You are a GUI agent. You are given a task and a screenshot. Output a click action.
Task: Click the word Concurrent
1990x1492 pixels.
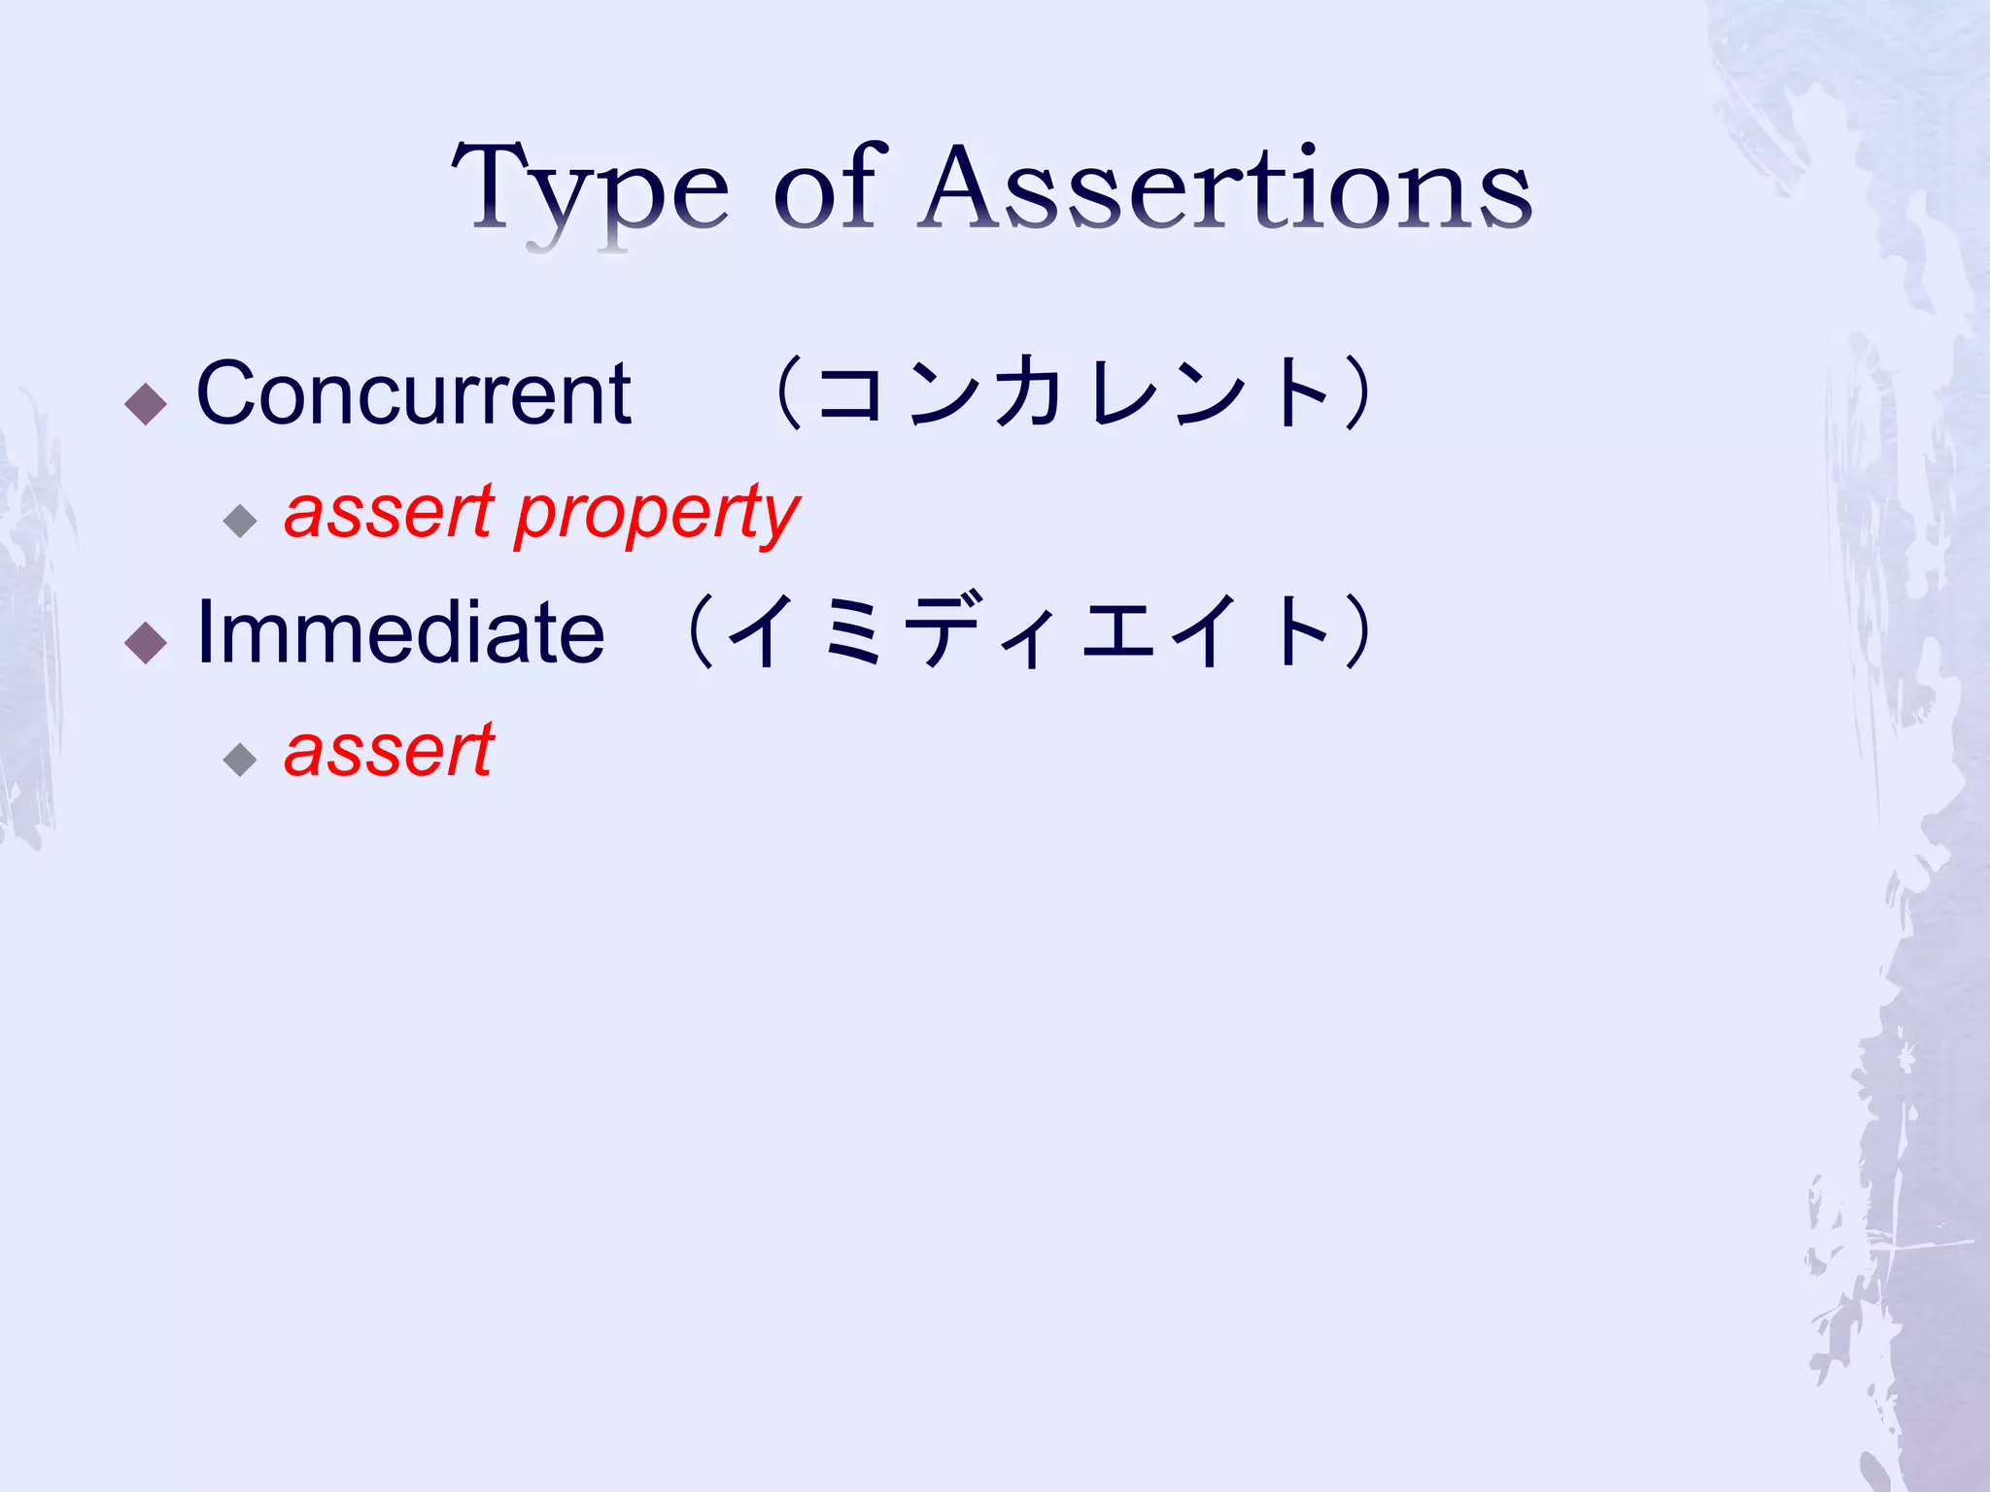pos(414,393)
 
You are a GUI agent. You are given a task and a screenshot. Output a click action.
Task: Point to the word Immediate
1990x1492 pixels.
pos(400,632)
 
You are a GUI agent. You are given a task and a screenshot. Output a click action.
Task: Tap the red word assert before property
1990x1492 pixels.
pos(389,513)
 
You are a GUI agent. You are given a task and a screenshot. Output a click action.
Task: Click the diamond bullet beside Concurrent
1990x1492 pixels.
pos(147,404)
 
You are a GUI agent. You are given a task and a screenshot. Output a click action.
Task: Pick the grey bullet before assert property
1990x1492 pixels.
pos(239,522)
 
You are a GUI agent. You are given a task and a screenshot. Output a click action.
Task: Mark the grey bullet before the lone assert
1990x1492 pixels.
pos(239,760)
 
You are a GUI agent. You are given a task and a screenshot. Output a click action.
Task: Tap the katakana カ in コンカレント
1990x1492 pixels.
pos(1028,392)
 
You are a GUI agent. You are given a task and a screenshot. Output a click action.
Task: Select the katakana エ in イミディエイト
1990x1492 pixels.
pos(1117,632)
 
